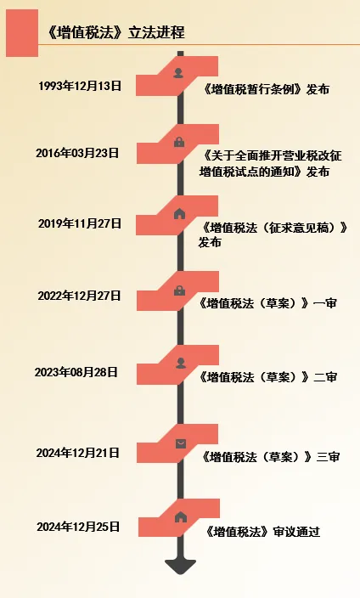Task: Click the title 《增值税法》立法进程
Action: coord(115,32)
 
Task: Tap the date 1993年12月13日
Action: coord(80,86)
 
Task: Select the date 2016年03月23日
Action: coord(78,153)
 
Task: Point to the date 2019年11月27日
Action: coord(80,223)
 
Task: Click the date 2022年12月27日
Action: coord(79,296)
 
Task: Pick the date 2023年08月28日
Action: coord(76,372)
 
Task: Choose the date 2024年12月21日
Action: coord(78,453)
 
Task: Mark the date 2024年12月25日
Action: coord(79,527)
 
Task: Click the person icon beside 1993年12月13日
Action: coord(178,73)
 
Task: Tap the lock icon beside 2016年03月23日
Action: coord(179,142)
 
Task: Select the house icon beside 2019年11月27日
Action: coord(179,213)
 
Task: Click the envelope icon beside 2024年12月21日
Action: coord(181,443)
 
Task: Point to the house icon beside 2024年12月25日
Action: coord(181,517)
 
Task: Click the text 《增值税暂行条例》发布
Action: coord(267,89)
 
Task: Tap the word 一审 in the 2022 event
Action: coord(325,303)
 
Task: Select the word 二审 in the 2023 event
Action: coord(325,377)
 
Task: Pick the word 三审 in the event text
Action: coord(328,456)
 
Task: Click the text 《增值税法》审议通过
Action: coord(262,531)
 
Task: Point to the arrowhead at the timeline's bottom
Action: coord(180,567)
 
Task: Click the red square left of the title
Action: coord(22,33)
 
